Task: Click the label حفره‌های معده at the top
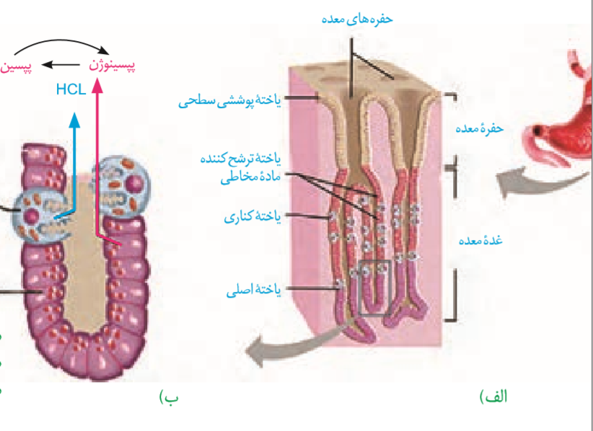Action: (357, 20)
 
